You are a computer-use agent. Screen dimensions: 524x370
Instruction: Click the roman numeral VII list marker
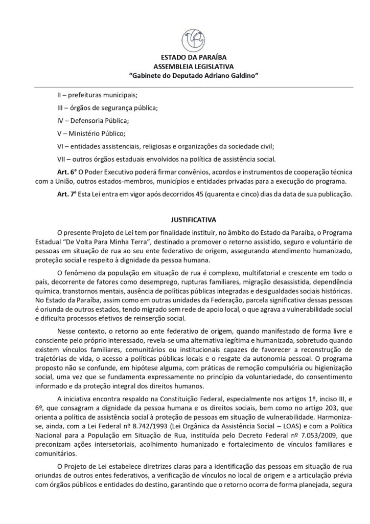point(62,159)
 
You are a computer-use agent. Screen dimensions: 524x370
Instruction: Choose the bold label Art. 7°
point(65,192)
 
